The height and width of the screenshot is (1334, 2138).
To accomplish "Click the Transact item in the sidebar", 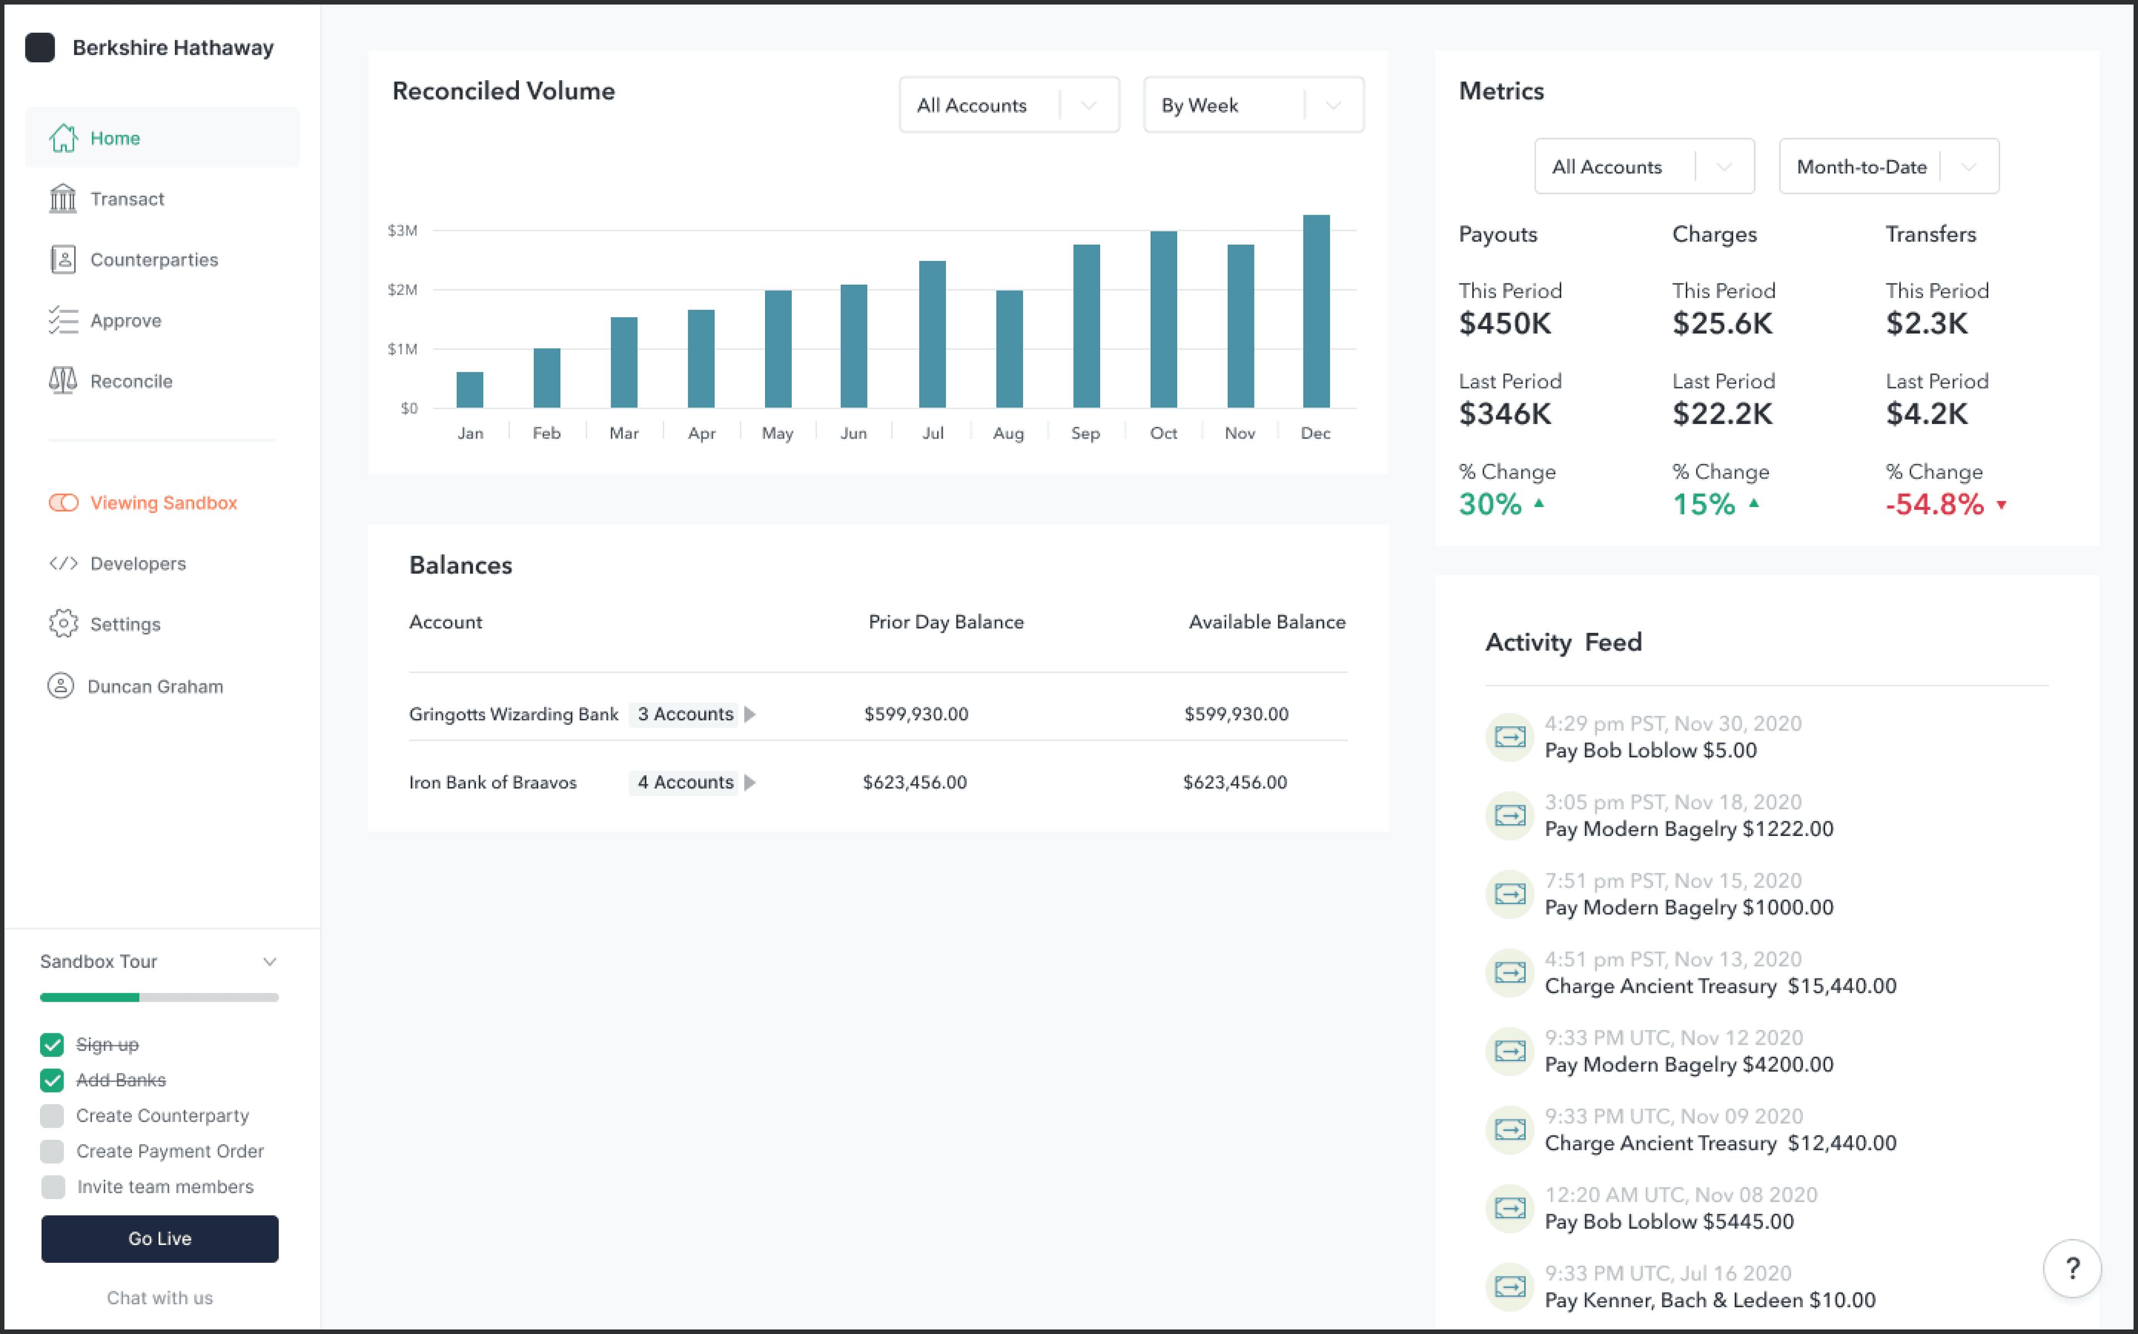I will [x=126, y=199].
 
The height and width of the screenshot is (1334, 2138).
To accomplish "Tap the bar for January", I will [x=469, y=390].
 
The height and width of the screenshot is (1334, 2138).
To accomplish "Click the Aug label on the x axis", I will [x=1008, y=433].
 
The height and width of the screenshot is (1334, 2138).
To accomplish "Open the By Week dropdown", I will [x=1253, y=105].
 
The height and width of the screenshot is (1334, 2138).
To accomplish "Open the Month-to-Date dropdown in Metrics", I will [x=1888, y=167].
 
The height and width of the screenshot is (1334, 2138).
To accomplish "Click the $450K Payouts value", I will [x=1504, y=324].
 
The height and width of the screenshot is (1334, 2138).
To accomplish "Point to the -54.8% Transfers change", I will [x=1934, y=505].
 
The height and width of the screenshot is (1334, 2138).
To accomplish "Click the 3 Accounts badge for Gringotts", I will [x=685, y=714].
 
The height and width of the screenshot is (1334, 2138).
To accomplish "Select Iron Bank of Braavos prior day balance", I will [x=914, y=782].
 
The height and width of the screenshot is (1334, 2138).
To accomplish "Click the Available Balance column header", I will [x=1266, y=622].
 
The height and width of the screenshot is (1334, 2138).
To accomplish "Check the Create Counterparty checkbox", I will [x=52, y=1116].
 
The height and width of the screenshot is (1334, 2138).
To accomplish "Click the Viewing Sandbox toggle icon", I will [x=63, y=503].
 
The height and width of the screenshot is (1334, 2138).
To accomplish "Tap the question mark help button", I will [x=2071, y=1269].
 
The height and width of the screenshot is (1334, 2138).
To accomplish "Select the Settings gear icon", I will [x=63, y=624].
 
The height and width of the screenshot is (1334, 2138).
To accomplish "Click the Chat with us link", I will [x=160, y=1298].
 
